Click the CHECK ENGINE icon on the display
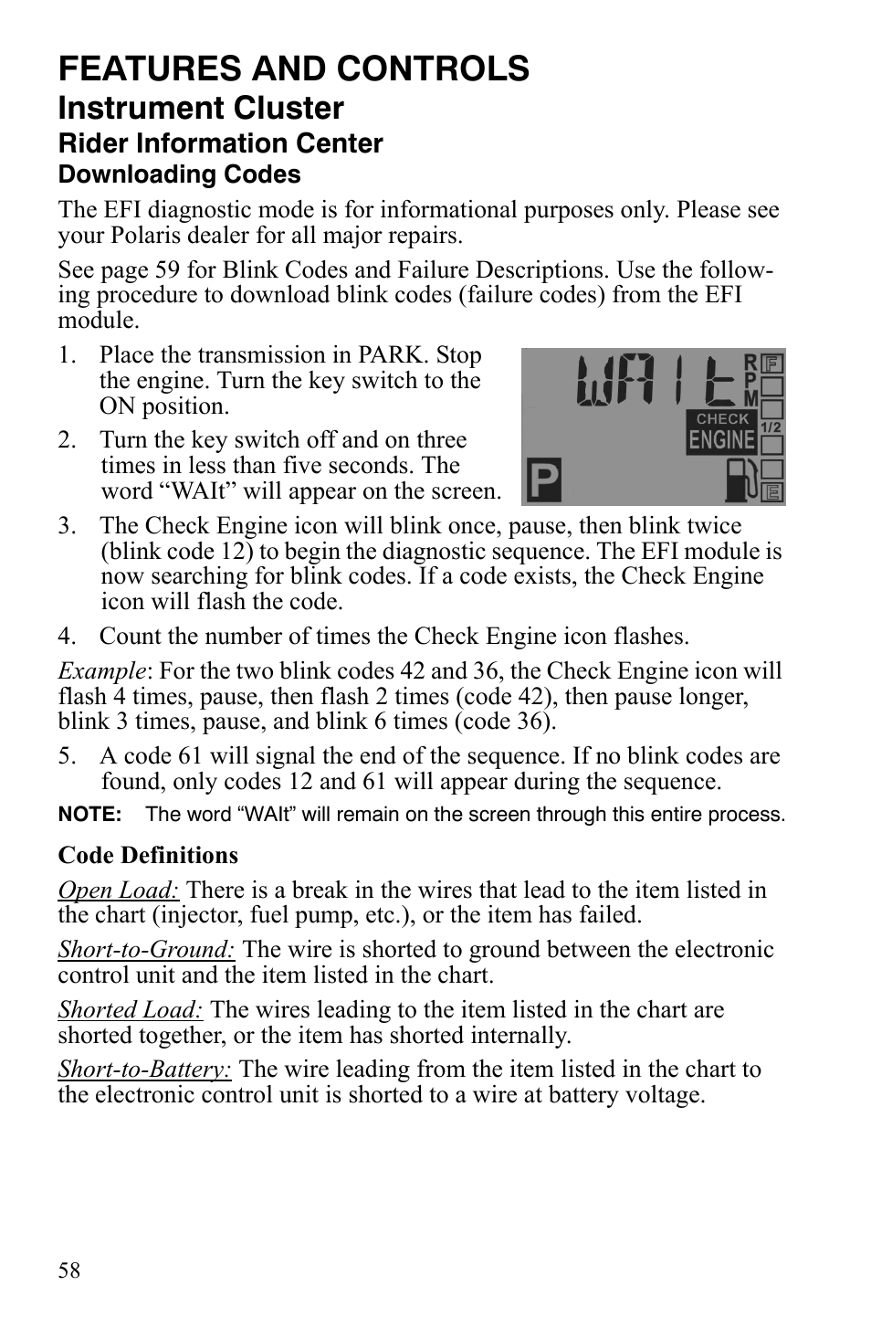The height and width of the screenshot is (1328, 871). [x=721, y=432]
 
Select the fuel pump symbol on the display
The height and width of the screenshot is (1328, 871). [x=740, y=480]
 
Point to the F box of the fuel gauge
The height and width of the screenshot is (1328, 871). [x=772, y=363]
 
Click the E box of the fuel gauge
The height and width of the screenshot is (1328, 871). [x=772, y=493]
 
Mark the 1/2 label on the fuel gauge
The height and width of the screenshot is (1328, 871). [x=771, y=427]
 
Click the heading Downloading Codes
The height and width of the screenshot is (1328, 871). [x=179, y=174]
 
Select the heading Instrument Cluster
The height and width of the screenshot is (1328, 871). [x=201, y=109]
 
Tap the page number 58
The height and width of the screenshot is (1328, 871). [x=69, y=1270]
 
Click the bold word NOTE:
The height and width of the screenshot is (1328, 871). [x=89, y=815]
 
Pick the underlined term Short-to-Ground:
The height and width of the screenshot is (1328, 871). [x=146, y=950]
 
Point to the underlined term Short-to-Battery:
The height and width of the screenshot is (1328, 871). [x=145, y=1070]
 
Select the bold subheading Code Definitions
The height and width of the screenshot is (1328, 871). [x=148, y=856]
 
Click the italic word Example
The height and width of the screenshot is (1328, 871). [x=100, y=671]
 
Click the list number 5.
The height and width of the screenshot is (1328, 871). [x=65, y=756]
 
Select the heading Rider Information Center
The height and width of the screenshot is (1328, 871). [x=220, y=143]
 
